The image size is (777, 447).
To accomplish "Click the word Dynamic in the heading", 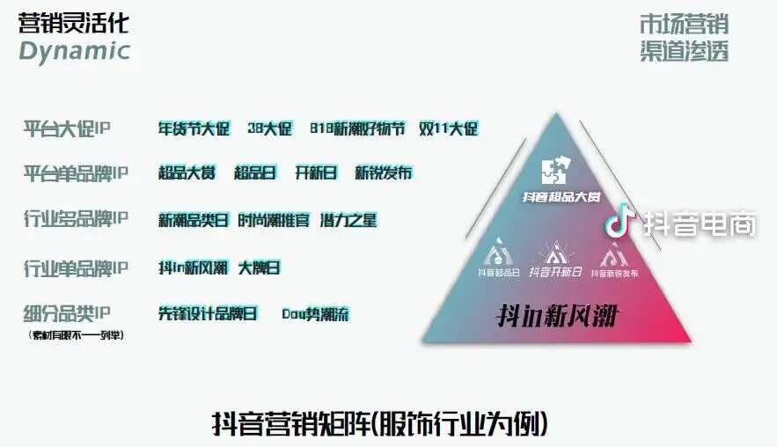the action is click(74, 51).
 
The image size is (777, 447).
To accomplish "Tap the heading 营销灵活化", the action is click(74, 23).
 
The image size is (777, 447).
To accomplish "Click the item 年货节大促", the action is click(194, 128).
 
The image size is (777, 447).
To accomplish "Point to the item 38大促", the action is click(269, 128).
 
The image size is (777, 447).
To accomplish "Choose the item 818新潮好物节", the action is click(357, 128).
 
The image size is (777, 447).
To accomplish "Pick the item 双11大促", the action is click(448, 128).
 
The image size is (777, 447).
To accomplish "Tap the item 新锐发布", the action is click(383, 173).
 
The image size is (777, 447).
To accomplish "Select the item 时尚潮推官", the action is click(274, 220).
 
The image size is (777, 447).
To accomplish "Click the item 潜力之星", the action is click(348, 220).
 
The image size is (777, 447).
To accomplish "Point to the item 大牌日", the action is click(260, 267).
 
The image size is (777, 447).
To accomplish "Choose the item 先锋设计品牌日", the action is click(208, 313).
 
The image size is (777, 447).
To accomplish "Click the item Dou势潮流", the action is click(315, 313).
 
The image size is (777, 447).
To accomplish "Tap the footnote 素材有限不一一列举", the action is click(76, 334).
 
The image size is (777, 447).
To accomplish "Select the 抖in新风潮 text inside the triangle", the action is click(554, 316).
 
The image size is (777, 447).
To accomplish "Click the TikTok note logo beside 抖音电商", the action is click(620, 221).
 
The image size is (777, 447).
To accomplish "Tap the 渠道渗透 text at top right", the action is click(684, 52).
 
